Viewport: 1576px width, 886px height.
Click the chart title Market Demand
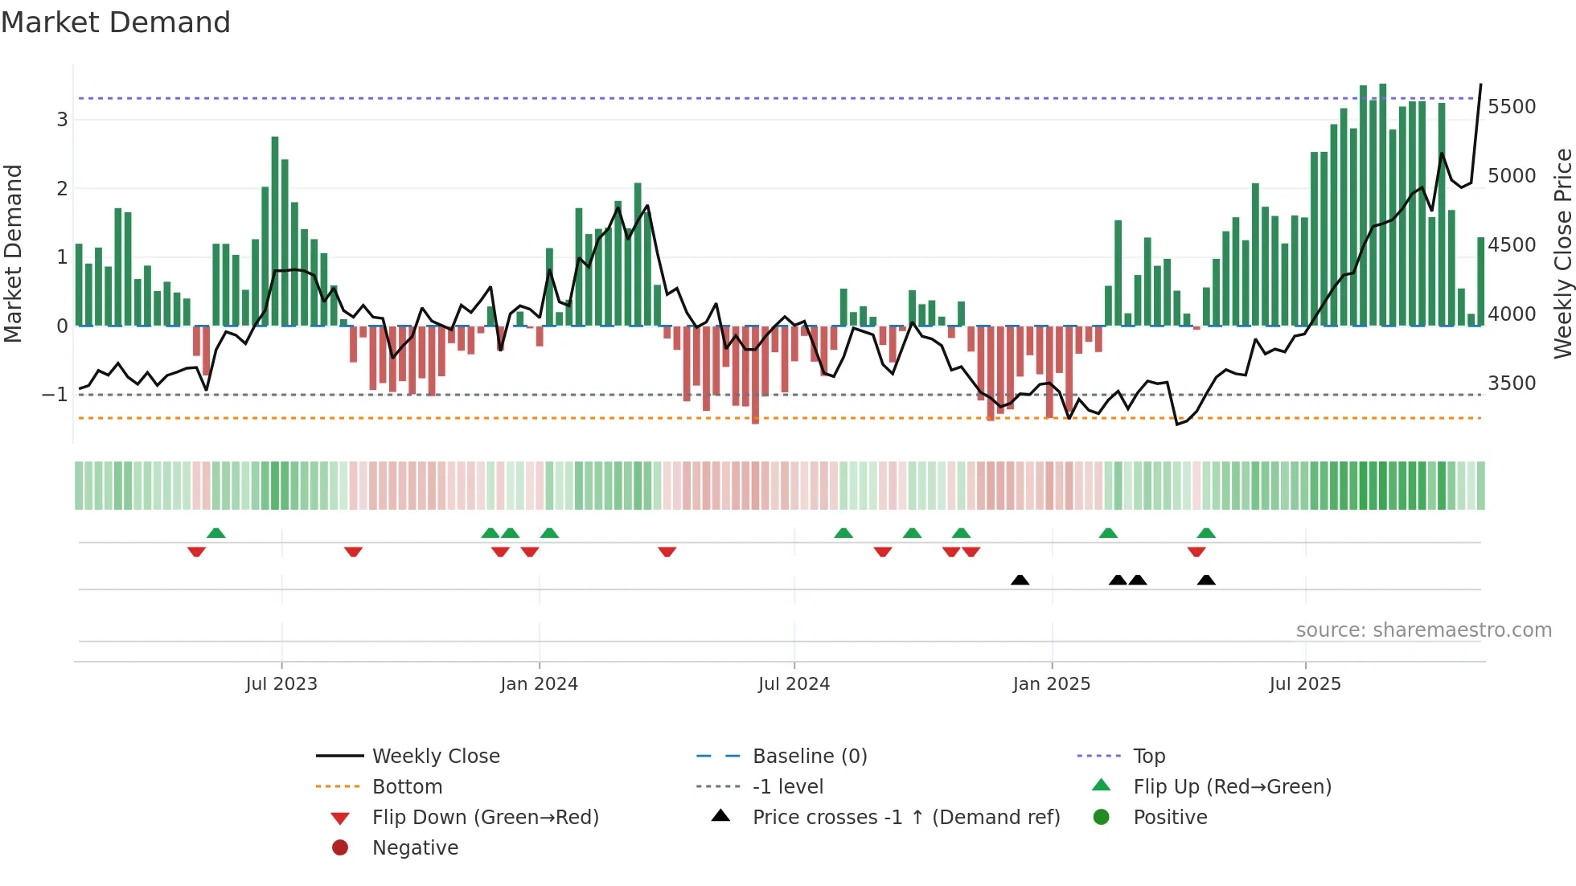tap(116, 23)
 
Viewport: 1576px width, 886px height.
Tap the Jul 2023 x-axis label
tap(281, 684)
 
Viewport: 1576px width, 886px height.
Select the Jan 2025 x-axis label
tap(1051, 684)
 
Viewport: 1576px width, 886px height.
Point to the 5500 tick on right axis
tap(1512, 107)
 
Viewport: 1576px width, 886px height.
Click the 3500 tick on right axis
tap(1512, 384)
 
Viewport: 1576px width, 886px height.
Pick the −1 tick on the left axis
tap(55, 395)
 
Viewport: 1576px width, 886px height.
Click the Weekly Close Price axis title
tap(1562, 253)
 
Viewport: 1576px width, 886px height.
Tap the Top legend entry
tap(1149, 757)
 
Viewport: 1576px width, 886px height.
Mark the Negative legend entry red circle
tap(340, 848)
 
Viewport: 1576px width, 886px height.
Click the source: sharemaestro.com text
tap(1423, 630)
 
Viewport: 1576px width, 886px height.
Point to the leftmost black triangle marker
tap(1020, 580)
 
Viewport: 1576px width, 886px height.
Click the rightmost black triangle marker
tap(1206, 580)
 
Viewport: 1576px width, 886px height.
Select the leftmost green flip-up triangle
tap(215, 533)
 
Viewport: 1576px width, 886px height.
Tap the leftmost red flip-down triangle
tap(196, 552)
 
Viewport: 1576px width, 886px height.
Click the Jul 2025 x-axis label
tap(1304, 684)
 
